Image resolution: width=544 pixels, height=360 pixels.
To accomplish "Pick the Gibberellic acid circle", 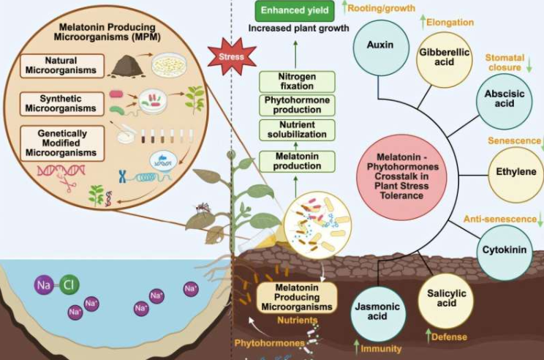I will [443, 59].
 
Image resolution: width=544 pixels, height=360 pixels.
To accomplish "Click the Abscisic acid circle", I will [504, 100].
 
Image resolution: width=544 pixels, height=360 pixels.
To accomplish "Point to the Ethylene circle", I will [515, 173].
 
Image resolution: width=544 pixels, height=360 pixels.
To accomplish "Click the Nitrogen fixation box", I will [297, 81].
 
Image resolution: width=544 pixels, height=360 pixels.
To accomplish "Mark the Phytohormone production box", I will [297, 105].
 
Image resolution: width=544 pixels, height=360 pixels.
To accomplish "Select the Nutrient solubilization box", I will [297, 130].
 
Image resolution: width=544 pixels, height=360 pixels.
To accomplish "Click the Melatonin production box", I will [297, 160].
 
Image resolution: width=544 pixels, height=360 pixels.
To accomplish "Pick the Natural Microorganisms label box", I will [60, 64].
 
